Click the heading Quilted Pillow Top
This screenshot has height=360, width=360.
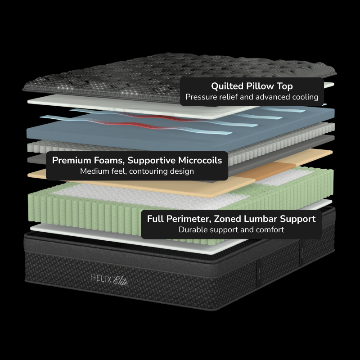point(252,86)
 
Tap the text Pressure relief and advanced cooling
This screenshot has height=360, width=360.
point(252,97)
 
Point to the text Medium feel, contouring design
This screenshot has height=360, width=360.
point(137,171)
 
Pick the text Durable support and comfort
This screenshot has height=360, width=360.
point(231,229)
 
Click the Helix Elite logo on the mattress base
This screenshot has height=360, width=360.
point(109,279)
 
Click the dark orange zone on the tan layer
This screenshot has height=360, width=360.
point(266,171)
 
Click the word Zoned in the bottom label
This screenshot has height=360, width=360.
point(227,219)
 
